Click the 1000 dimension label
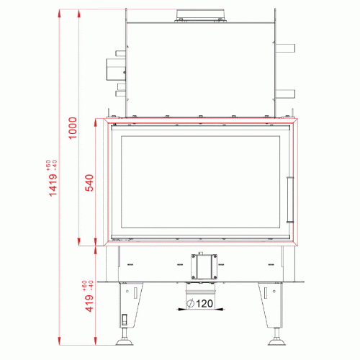point(73,128)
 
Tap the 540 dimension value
point(89,183)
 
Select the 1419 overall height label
point(53,185)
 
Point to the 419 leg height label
point(89,303)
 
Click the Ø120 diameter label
point(199,304)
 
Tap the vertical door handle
point(290,199)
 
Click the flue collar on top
point(200,16)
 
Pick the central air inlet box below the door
point(204,266)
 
